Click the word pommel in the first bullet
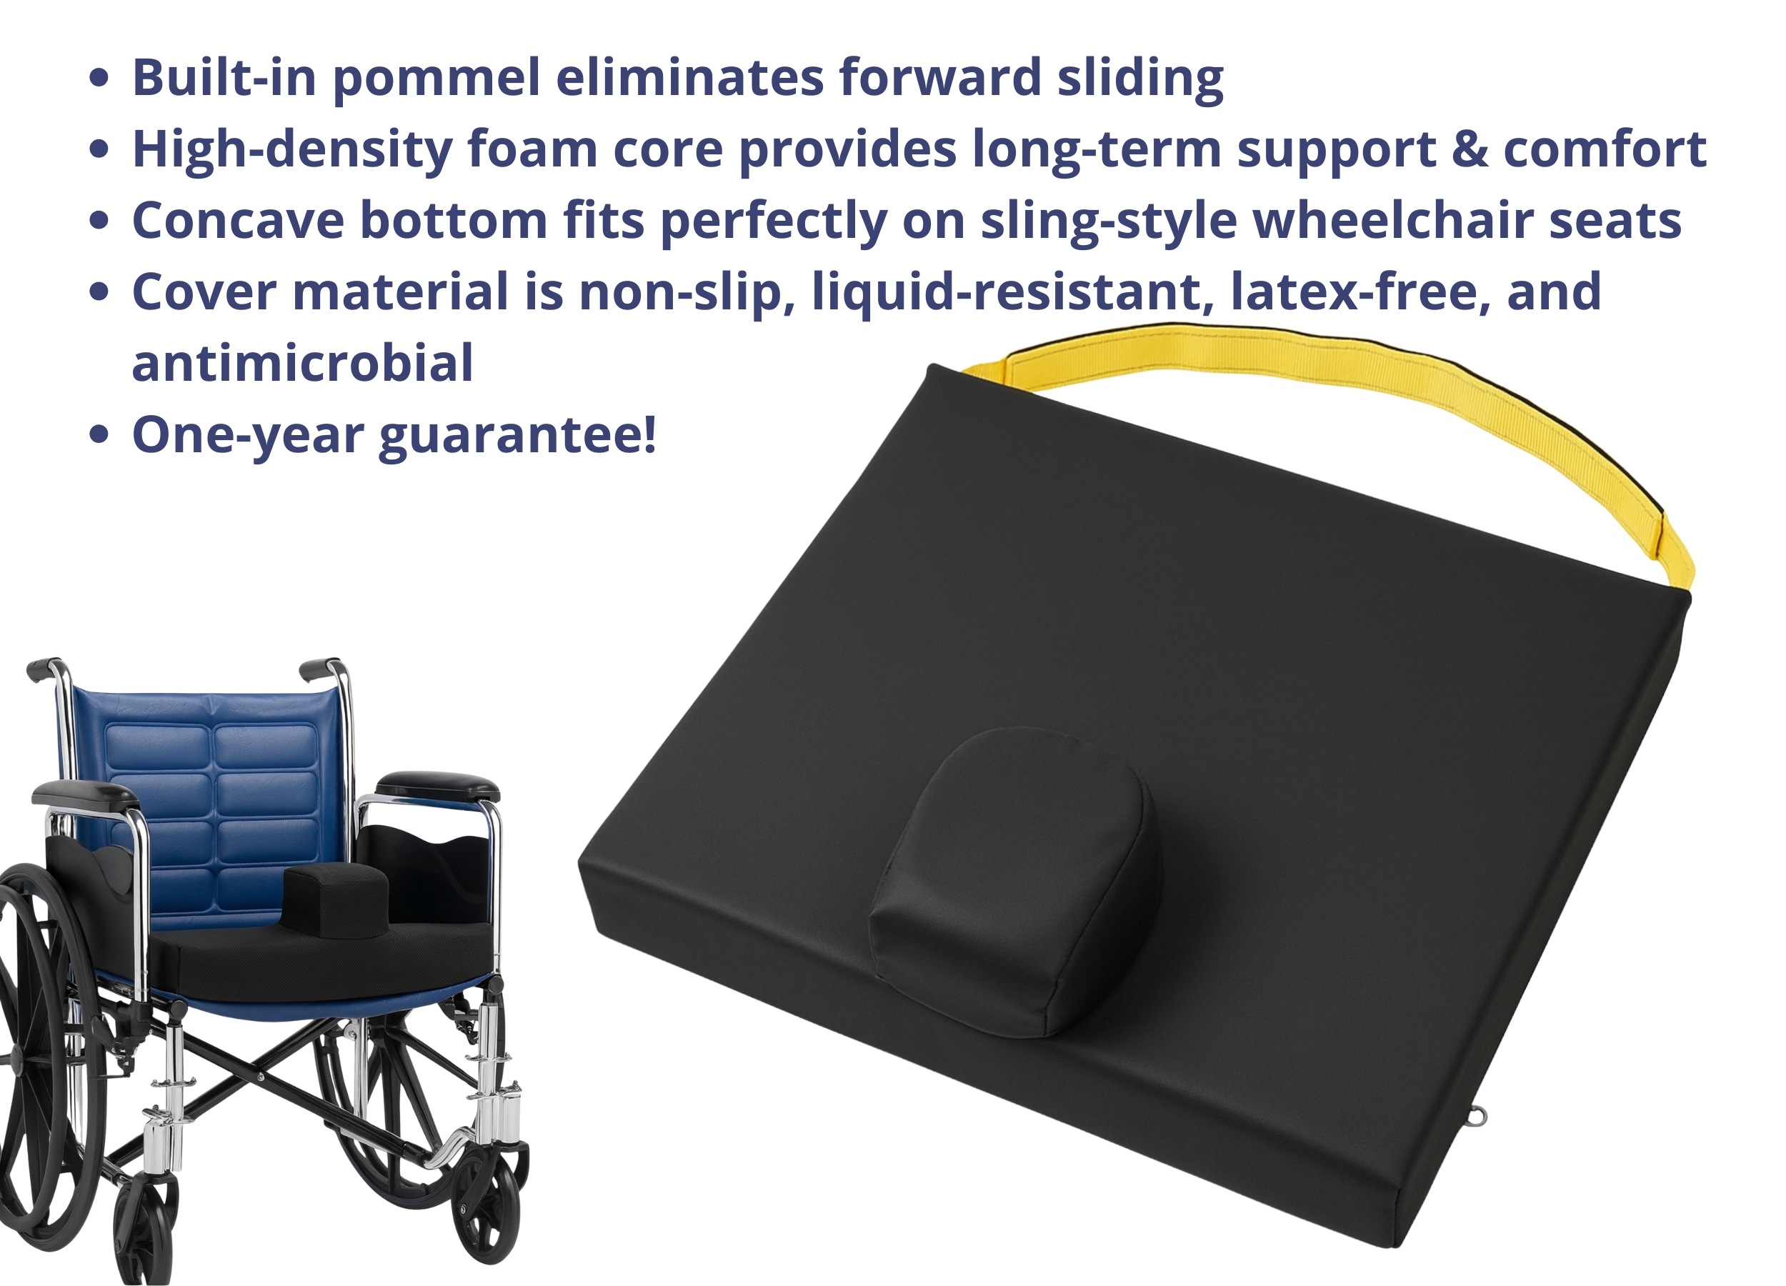(437, 79)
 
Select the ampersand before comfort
(1470, 149)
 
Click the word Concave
(238, 221)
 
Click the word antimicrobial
(302, 364)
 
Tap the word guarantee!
(517, 437)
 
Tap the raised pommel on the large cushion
(1015, 882)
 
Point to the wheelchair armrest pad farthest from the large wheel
(438, 786)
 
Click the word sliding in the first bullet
(1140, 79)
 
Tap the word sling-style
(1109, 221)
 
